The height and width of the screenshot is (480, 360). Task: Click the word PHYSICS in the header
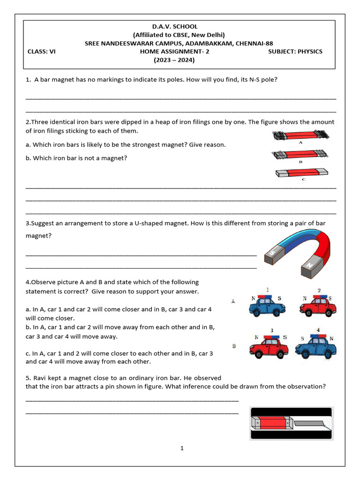(x=310, y=52)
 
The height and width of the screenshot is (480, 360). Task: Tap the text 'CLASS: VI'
(x=41, y=52)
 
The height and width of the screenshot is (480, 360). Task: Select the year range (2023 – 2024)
(x=174, y=60)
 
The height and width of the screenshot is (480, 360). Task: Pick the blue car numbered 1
(x=267, y=307)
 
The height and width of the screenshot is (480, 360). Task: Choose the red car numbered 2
(x=318, y=307)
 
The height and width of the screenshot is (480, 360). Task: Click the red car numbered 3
(x=269, y=348)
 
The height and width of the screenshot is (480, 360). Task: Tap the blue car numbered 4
(x=316, y=348)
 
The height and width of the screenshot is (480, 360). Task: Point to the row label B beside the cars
(x=234, y=346)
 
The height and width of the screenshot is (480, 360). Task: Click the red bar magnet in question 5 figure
(x=272, y=424)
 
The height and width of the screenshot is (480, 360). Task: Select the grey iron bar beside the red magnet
(x=310, y=424)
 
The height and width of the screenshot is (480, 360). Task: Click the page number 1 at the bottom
(x=182, y=448)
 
